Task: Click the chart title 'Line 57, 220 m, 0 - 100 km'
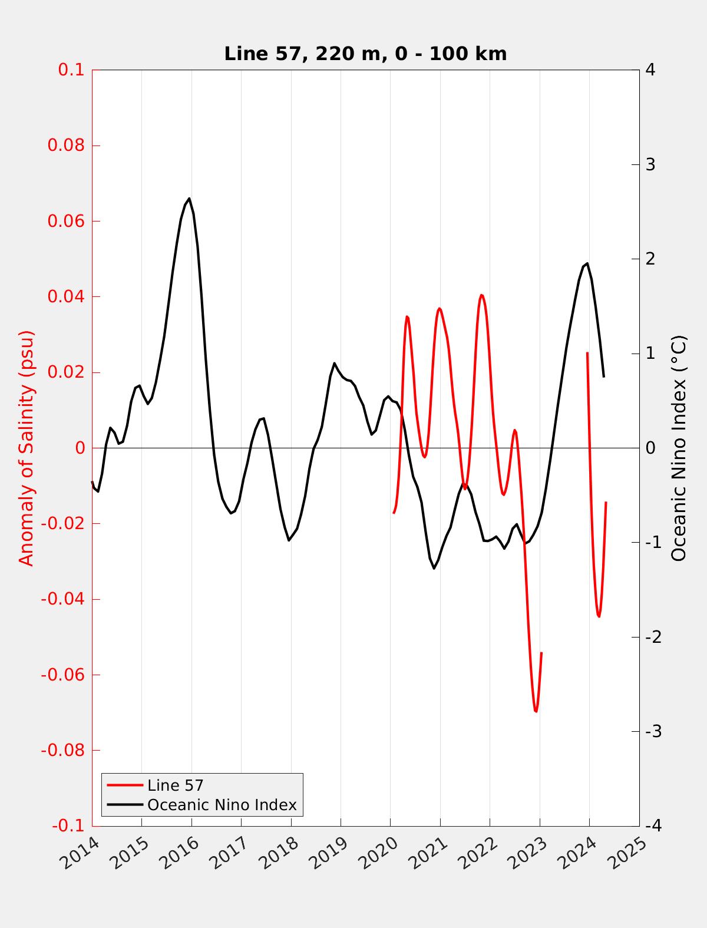[365, 54]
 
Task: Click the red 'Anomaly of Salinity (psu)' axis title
[27, 448]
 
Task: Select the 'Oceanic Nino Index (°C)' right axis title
[679, 448]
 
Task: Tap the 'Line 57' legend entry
[175, 785]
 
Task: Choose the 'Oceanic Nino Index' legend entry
[222, 805]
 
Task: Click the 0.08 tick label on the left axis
[65, 146]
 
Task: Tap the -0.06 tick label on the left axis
[62, 675]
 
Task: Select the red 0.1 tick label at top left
[71, 70]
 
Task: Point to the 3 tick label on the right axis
[650, 164]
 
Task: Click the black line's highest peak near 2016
[189, 199]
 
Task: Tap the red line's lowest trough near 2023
[536, 711]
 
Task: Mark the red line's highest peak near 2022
[481, 295]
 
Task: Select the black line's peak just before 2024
[587, 263]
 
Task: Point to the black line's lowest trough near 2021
[434, 568]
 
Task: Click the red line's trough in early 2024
[599, 616]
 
